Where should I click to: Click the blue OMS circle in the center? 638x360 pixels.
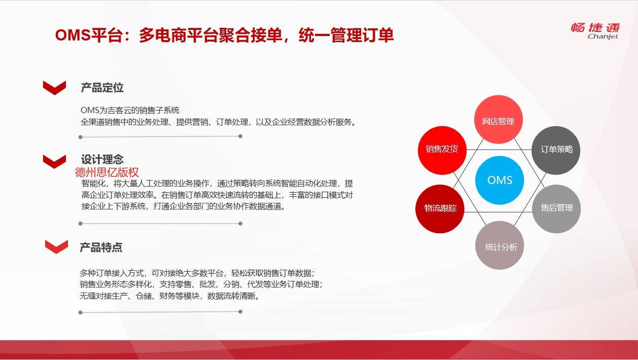coord(499,180)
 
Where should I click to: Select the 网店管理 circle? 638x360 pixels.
coord(498,120)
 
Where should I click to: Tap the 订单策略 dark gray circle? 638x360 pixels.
coord(556,150)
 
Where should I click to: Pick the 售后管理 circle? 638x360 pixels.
coord(556,209)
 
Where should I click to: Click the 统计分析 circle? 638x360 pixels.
coord(500,245)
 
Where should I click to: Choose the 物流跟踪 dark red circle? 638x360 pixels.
coord(440,209)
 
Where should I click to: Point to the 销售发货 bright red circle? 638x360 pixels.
coord(442,150)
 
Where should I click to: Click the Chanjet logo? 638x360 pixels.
coord(595,31)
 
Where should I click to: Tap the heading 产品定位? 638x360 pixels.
coord(102,88)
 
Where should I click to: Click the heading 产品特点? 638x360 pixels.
coord(101,247)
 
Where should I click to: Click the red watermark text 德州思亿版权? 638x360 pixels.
coord(107,172)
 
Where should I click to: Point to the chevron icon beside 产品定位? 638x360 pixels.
coord(54,88)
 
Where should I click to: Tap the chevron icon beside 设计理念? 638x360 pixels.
coord(54,162)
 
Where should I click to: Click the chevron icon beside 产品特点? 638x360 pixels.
coord(56,246)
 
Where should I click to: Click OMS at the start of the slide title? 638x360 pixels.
coord(73,35)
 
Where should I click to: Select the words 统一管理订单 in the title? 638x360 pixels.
coord(346,35)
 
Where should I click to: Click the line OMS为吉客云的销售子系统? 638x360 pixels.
coord(130,110)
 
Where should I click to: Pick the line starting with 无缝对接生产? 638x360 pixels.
coord(170,296)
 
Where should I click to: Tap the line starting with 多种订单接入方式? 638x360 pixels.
coord(197,273)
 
